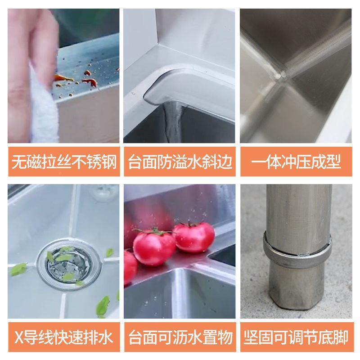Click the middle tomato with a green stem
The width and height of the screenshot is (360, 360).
click(154, 247)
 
